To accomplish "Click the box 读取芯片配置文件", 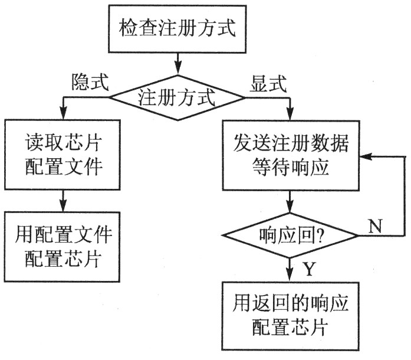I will pyautogui.click(x=63, y=155).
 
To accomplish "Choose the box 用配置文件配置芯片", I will pyautogui.click(x=63, y=245).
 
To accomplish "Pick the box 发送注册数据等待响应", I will pyautogui.click(x=291, y=155).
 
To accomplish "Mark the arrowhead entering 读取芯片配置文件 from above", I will pyautogui.click(x=63, y=114).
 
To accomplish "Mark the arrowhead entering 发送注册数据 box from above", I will pyautogui.click(x=291, y=115).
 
